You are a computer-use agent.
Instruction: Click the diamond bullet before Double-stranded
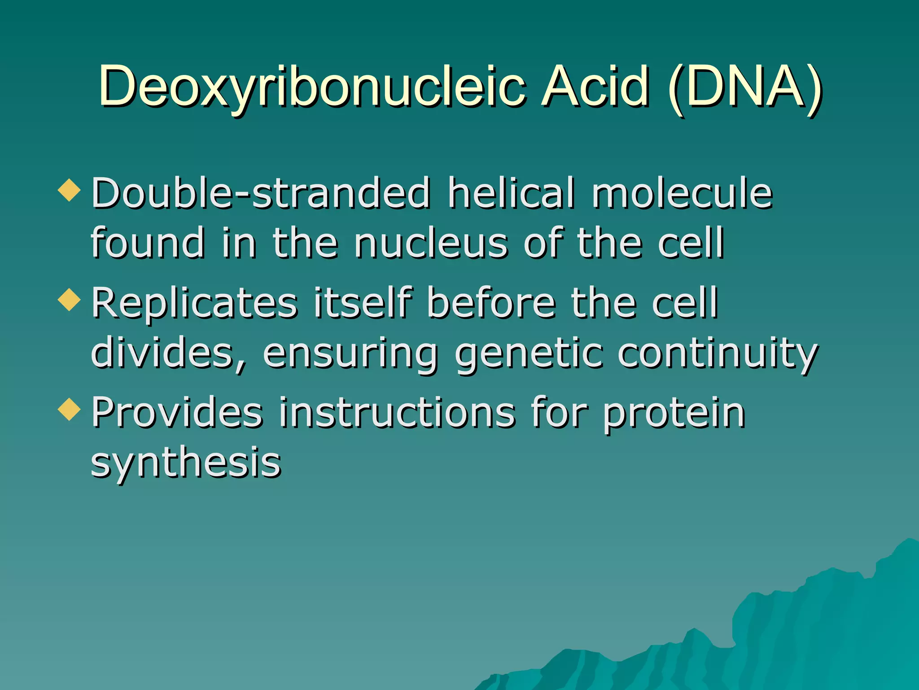point(69,190)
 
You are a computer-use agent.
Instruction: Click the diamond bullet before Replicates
point(69,300)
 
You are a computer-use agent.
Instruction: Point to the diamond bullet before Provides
point(69,409)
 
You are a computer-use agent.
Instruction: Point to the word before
point(491,303)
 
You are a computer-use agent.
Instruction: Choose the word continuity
point(718,354)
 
